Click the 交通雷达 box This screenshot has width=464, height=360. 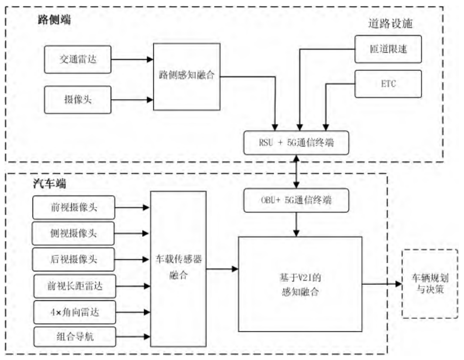[x=78, y=60]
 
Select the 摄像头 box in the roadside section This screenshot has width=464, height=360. [x=78, y=99]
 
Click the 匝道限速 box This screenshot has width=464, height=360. [x=388, y=49]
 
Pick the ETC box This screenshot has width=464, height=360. [x=388, y=84]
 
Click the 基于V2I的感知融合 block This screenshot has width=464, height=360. [x=300, y=284]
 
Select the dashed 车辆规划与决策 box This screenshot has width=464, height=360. [x=430, y=283]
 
